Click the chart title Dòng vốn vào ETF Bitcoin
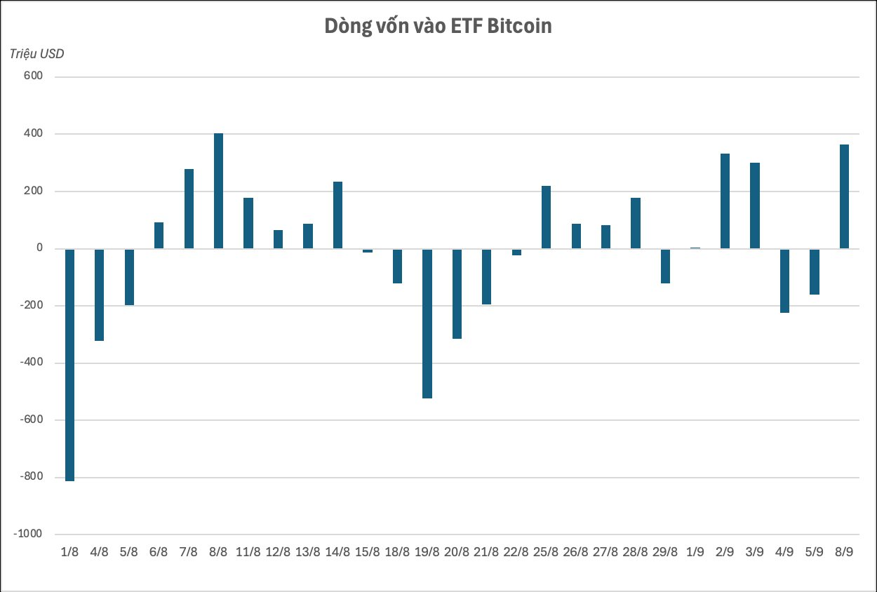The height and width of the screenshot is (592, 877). click(x=438, y=26)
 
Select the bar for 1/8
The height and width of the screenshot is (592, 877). click(x=69, y=364)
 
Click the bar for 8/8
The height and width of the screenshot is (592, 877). click(x=218, y=191)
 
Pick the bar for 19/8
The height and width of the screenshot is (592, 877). click(x=427, y=323)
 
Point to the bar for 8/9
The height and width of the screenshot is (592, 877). click(x=844, y=196)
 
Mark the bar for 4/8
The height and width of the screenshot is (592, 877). click(x=99, y=295)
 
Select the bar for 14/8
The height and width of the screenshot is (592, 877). click(x=337, y=215)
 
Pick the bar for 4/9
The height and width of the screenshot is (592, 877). click(x=784, y=281)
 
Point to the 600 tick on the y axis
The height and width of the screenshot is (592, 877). click(x=34, y=76)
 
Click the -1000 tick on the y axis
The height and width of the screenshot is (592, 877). click(x=28, y=534)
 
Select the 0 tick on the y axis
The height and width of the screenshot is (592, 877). click(x=39, y=248)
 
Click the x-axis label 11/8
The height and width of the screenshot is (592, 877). click(x=248, y=552)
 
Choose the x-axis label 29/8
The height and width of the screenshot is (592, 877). click(x=665, y=552)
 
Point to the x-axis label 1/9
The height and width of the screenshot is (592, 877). click(x=695, y=552)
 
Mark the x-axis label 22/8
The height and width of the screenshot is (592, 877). click(x=516, y=552)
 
